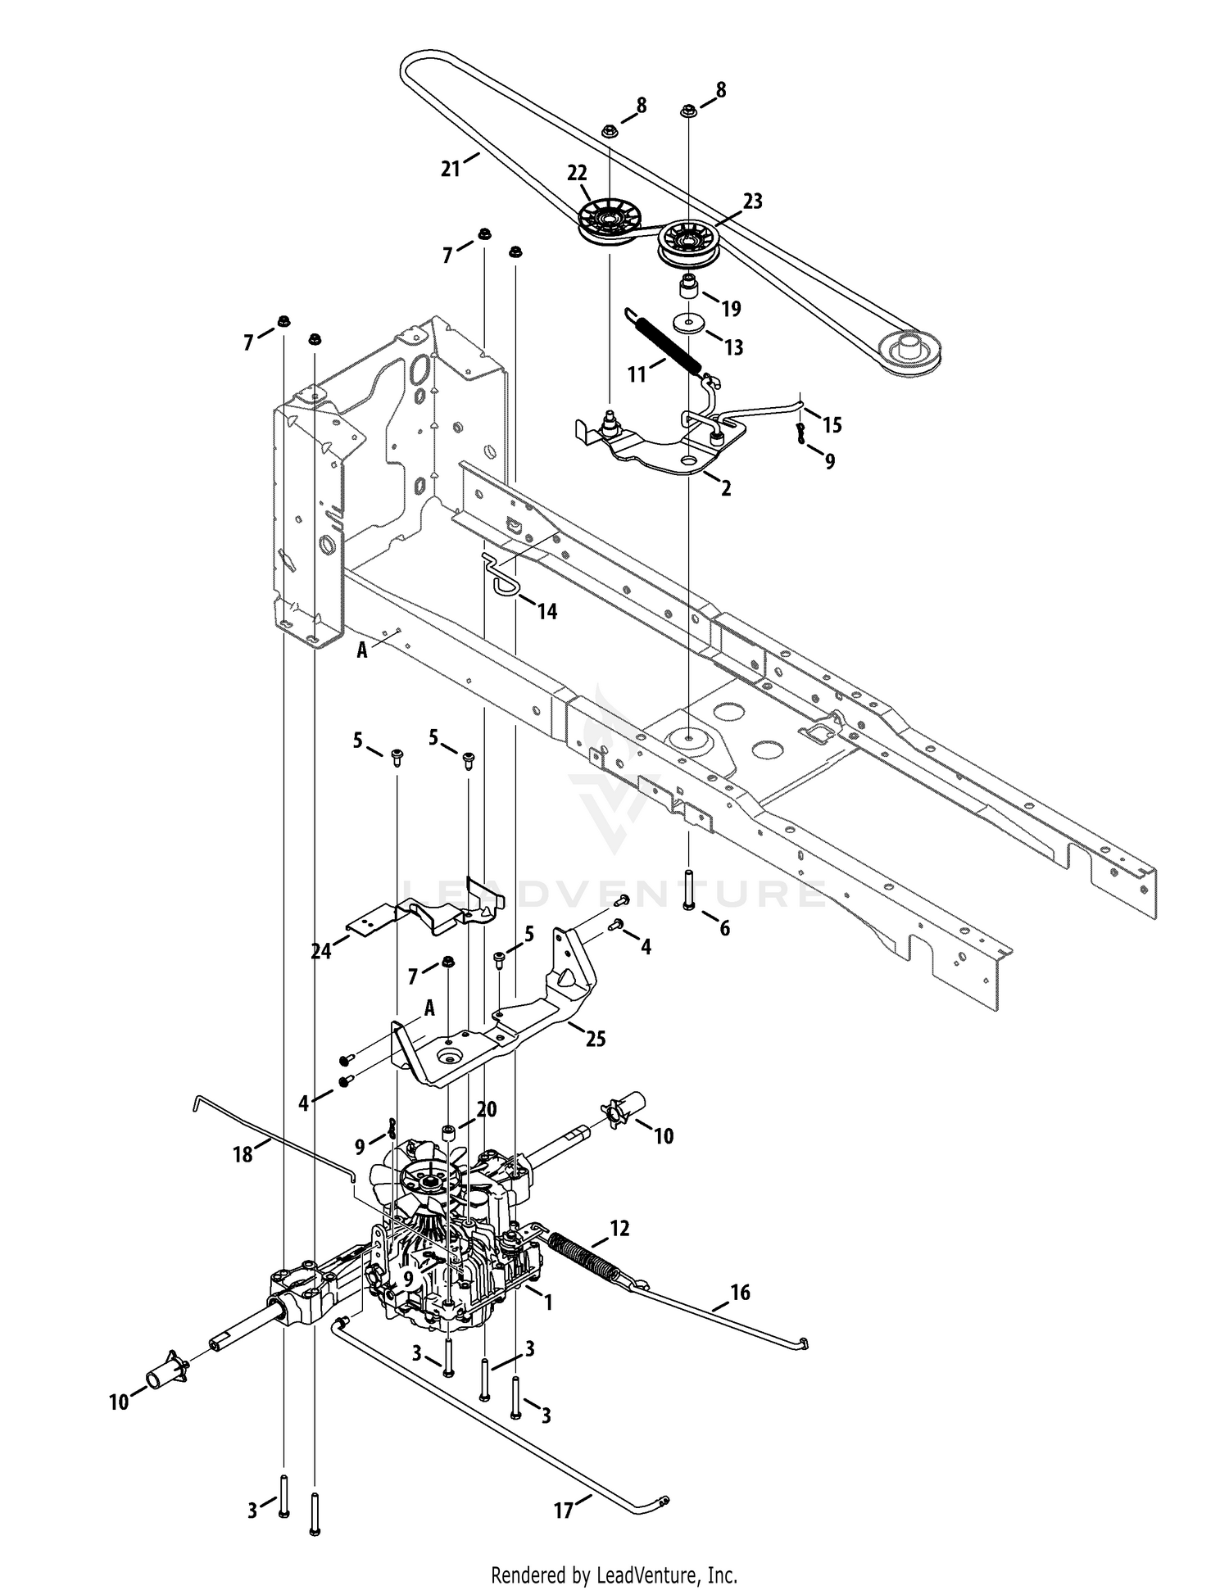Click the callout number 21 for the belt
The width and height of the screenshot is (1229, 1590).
coord(450,169)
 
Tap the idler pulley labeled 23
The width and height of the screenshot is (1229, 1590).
coord(687,243)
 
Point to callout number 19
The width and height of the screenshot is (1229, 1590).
coord(730,308)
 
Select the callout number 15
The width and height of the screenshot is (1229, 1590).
coord(832,424)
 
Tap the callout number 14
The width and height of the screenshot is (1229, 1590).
coord(546,610)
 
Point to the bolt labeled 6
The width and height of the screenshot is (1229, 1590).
coord(688,890)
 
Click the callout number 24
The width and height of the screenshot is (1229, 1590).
coord(321,952)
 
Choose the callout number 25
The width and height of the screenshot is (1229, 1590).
coord(595,1038)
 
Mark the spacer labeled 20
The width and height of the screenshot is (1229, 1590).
coord(448,1134)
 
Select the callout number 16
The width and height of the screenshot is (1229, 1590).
coord(740,1293)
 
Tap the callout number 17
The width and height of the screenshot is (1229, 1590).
coord(563,1510)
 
